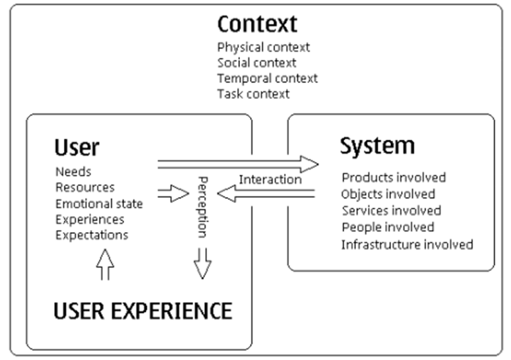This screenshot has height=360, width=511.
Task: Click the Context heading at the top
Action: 257,24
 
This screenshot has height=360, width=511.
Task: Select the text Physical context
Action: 263,47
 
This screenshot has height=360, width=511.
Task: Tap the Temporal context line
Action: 267,78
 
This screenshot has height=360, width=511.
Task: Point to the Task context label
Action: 253,94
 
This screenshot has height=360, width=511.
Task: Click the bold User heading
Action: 76,147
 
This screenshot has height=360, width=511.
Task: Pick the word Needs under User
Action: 73,172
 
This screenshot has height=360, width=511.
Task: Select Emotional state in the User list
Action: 99,204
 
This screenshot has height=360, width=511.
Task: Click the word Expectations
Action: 92,235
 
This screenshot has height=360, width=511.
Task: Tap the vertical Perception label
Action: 203,206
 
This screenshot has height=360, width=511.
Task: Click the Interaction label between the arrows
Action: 270,179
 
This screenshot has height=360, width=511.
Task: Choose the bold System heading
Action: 377,146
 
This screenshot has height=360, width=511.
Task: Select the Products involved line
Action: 394,177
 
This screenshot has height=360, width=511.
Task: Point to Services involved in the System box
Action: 391,211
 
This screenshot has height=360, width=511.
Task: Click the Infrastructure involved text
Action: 407,245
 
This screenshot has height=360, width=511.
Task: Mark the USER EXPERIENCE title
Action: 142,311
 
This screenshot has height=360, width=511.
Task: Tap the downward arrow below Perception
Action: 203,263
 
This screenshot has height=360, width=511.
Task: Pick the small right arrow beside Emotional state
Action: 173,194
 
